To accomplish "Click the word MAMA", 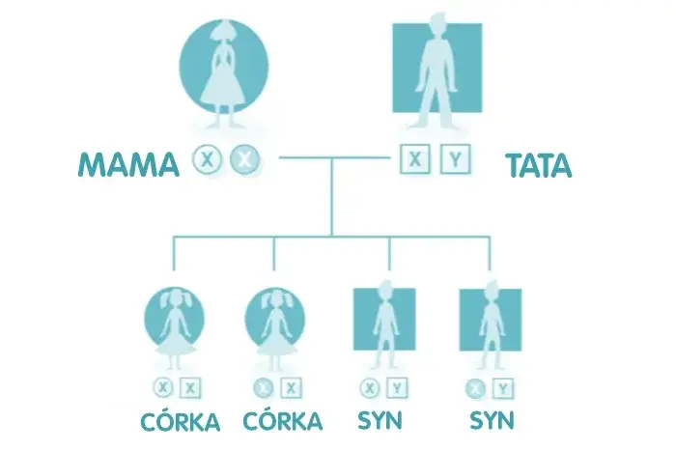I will pos(127,165).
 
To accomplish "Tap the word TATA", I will pos(538,165).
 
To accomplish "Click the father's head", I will pos(437,28).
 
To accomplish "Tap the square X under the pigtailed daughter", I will pos(191,388).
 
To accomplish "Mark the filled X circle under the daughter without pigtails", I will pos(262,388).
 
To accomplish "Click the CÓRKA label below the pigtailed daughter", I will pos(179,422).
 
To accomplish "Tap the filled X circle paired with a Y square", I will pos(474,388).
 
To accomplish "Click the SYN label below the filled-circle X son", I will pos(491,422).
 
